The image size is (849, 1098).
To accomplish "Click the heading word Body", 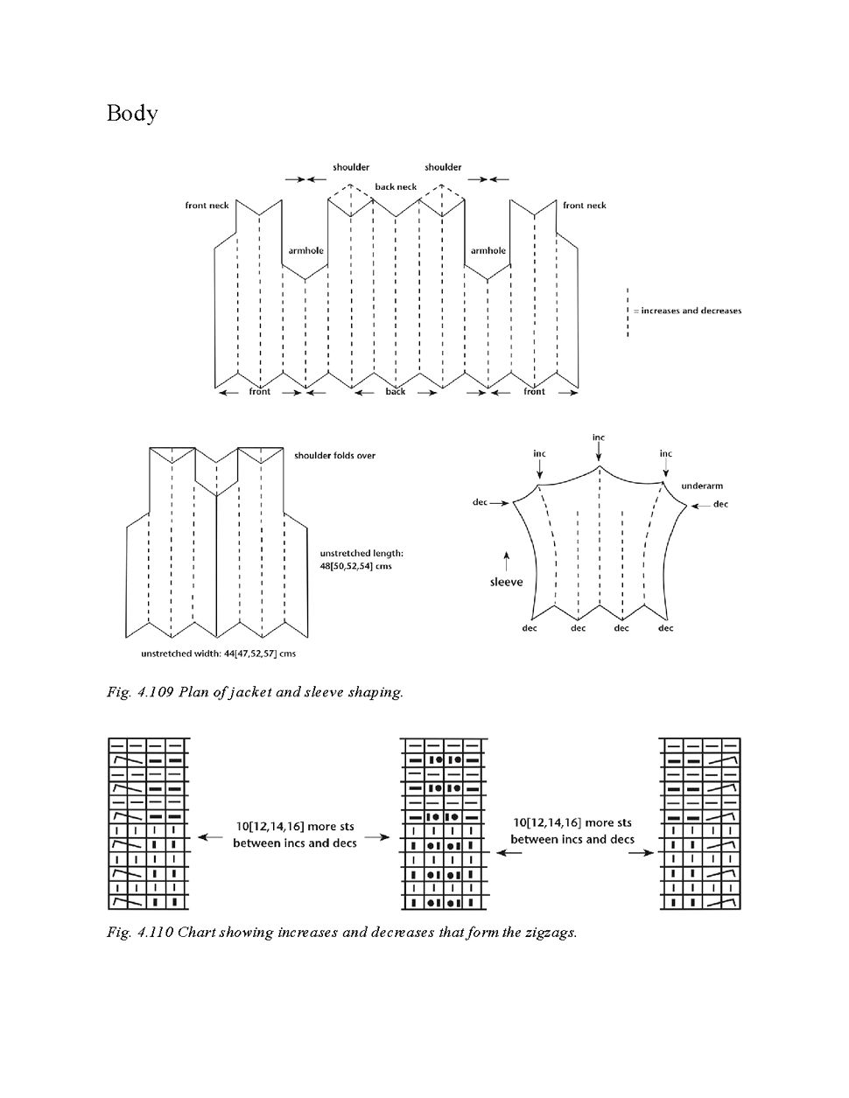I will pyautogui.click(x=132, y=114).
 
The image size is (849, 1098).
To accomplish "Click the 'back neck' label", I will pyautogui.click(x=396, y=186).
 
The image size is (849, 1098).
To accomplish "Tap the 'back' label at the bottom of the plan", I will pyautogui.click(x=396, y=392).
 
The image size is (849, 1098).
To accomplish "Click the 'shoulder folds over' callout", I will pyautogui.click(x=334, y=456).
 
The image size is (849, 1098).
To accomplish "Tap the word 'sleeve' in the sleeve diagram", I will pyautogui.click(x=506, y=582).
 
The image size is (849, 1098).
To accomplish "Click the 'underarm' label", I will pyautogui.click(x=701, y=486).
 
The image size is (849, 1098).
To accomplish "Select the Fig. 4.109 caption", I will pyautogui.click(x=256, y=692).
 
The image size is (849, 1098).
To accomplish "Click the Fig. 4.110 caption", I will pyautogui.click(x=342, y=932).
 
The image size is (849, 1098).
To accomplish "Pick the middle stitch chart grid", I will pyautogui.click(x=442, y=824).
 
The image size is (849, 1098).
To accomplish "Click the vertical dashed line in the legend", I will pyautogui.click(x=628, y=311).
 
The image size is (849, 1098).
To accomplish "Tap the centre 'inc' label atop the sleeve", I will pyautogui.click(x=599, y=437).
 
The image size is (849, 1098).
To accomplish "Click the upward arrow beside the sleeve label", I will pyautogui.click(x=506, y=556).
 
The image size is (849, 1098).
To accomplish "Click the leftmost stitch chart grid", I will pyautogui.click(x=148, y=824).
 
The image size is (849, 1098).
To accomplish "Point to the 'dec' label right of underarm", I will pyautogui.click(x=720, y=504).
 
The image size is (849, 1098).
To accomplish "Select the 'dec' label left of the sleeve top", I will pyautogui.click(x=480, y=502).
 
